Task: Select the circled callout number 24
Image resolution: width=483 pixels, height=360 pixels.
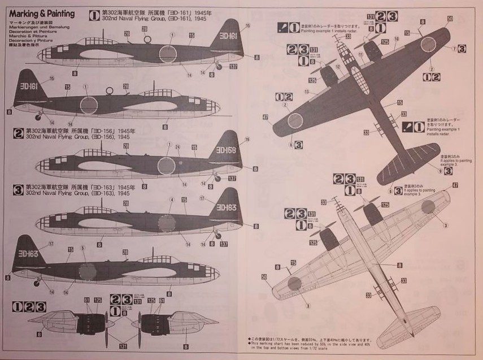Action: pos(177,146)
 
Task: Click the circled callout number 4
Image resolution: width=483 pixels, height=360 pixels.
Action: pos(172,199)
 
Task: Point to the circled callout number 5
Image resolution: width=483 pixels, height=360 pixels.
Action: pos(83,248)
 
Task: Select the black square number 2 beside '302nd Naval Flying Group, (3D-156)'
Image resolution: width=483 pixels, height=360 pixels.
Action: pos(18,133)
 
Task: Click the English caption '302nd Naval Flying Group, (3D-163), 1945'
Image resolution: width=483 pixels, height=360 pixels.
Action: pos(86,193)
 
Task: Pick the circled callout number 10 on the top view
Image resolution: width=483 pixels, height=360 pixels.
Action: pos(397,40)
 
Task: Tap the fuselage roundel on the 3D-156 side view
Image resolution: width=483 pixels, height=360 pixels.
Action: pos(166,165)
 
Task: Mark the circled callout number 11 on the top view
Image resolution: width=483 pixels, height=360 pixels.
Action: pos(360,55)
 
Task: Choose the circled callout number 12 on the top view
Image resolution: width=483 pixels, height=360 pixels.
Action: pos(339,66)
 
